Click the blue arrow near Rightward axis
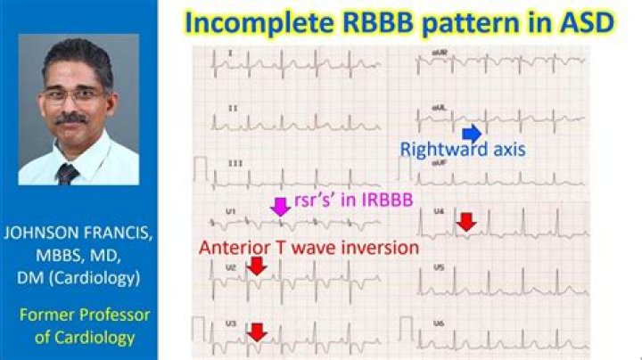pyautogui.click(x=472, y=134)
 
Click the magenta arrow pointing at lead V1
pyautogui.click(x=280, y=207)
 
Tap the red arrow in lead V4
pyautogui.click(x=465, y=222)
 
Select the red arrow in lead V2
pyautogui.click(x=257, y=266)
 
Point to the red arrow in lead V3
pyautogui.click(x=257, y=332)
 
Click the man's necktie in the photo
pyautogui.click(x=67, y=173)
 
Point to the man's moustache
pyautogui.click(x=70, y=116)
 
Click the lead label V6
pyautogui.click(x=439, y=323)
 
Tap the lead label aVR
pyautogui.click(x=438, y=54)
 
